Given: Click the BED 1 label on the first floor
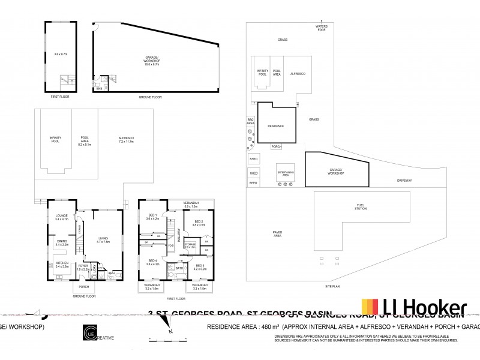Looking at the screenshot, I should (152, 217).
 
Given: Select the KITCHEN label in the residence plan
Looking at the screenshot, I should (62, 265).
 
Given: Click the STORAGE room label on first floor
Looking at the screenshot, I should (190, 245).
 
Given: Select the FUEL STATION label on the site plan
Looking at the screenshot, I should (360, 206).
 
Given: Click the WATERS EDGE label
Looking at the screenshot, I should (323, 28).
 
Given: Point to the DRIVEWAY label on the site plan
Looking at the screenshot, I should (403, 180).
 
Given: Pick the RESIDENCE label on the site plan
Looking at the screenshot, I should (275, 126).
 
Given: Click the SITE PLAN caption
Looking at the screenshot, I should (348, 287).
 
